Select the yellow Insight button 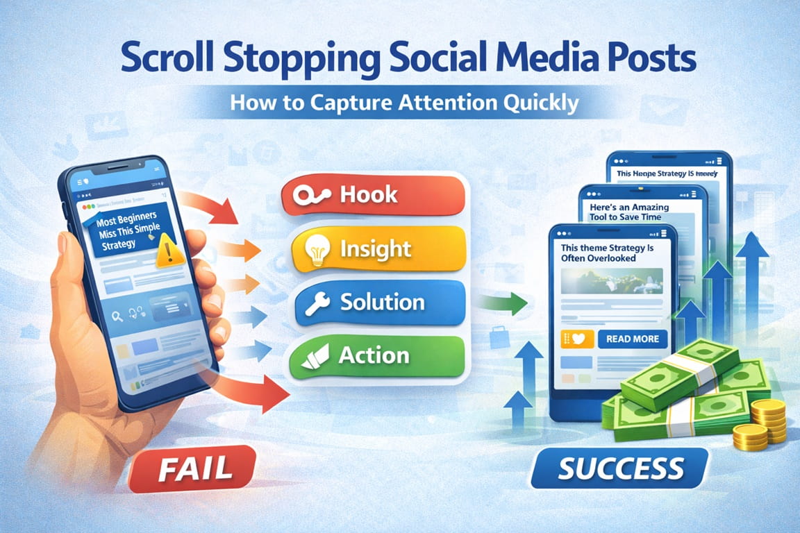(x=376, y=248)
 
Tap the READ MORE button (x=632, y=339)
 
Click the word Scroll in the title (x=160, y=60)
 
